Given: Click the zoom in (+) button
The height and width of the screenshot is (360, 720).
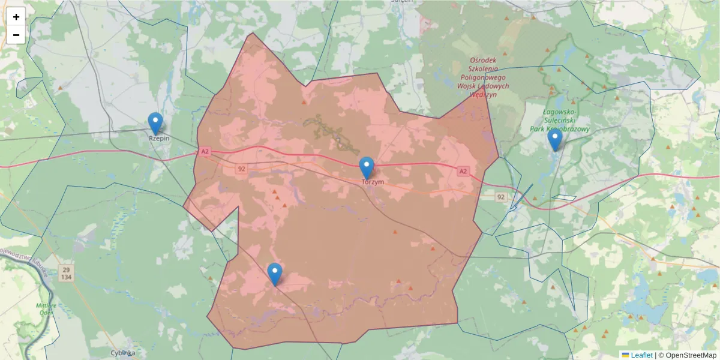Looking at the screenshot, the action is click(16, 17).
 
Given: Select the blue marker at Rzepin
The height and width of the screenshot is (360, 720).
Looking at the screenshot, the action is click(155, 124).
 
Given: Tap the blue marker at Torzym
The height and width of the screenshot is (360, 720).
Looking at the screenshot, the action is click(367, 168).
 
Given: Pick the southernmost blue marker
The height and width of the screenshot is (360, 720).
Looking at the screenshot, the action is click(275, 274).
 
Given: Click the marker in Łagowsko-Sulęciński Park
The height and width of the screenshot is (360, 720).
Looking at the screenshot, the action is click(554, 140).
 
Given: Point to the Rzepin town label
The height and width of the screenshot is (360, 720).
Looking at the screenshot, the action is click(159, 139).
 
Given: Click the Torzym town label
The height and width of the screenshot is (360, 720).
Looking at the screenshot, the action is click(373, 181).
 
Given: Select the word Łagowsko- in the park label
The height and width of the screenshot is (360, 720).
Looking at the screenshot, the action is click(560, 112).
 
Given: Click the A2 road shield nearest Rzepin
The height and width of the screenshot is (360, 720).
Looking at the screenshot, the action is click(205, 152).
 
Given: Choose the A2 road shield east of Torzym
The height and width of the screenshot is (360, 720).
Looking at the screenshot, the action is click(463, 171).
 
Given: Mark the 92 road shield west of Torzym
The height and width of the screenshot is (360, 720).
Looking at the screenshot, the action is click(241, 169).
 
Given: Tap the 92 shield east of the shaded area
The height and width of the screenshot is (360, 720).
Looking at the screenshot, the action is click(501, 197).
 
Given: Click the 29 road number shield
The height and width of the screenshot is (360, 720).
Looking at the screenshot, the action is click(65, 269).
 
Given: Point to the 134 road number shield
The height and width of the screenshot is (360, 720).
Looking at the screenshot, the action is click(65, 277).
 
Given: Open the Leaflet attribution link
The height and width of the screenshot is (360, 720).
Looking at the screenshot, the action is click(641, 355).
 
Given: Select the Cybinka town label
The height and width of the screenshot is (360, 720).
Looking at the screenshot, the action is click(123, 353).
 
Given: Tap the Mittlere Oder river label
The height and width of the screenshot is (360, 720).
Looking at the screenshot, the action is click(47, 308).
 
